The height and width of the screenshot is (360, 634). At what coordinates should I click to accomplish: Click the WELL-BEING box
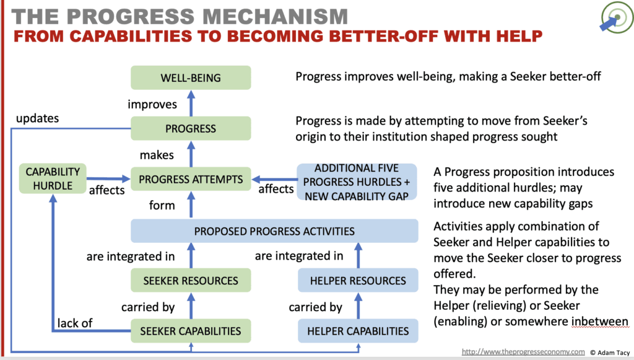[191, 77]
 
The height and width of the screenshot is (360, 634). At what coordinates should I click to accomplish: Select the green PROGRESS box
[191, 129]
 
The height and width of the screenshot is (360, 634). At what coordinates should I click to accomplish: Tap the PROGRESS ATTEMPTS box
[191, 179]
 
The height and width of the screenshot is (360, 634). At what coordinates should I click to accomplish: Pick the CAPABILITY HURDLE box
[53, 178]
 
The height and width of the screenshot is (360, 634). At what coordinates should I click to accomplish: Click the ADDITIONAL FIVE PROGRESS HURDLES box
[357, 182]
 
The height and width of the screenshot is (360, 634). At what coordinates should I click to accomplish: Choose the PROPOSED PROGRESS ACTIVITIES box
[274, 231]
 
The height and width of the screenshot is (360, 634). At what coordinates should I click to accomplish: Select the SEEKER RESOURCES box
[191, 280]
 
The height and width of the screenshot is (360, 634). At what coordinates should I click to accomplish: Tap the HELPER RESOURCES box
[358, 280]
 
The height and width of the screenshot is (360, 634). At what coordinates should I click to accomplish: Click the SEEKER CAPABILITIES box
[191, 331]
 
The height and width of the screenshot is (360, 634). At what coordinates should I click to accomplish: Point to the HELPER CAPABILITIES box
[358, 331]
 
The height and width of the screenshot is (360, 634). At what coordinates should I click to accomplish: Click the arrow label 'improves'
[152, 105]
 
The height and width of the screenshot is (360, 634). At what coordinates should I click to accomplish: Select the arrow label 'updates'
[37, 118]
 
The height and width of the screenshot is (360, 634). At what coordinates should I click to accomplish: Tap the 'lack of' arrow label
[75, 323]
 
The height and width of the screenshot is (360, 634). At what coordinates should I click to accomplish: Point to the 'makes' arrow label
[157, 155]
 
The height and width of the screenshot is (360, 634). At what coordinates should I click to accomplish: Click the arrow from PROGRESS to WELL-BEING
[191, 103]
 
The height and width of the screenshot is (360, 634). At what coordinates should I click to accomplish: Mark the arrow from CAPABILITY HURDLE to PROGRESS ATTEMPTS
[108, 178]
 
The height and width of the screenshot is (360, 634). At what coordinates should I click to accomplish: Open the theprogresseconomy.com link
[523, 352]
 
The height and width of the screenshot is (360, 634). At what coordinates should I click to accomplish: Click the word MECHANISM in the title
[275, 17]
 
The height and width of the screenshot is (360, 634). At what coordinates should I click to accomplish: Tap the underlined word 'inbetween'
[599, 322]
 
